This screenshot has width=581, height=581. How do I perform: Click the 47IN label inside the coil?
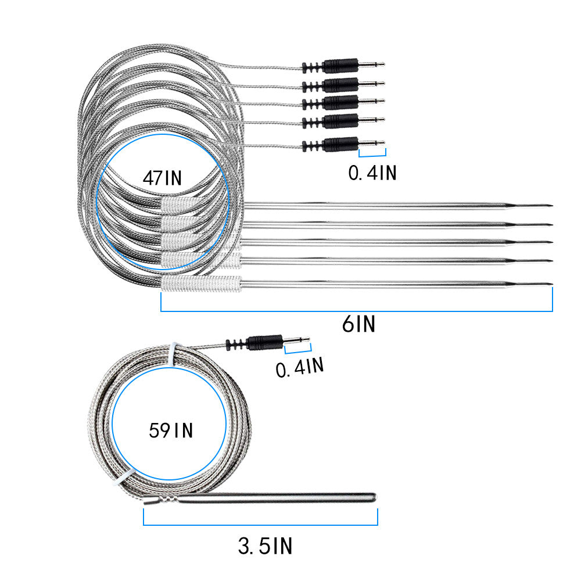(162, 177)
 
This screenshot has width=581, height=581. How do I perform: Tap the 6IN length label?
(358, 324)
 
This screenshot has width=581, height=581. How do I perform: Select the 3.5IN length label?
(265, 546)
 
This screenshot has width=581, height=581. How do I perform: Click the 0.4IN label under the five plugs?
(372, 173)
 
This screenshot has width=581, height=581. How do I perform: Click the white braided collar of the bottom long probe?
(200, 284)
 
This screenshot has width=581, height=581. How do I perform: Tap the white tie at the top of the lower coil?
(171, 352)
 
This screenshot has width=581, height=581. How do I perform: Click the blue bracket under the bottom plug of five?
(372, 155)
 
